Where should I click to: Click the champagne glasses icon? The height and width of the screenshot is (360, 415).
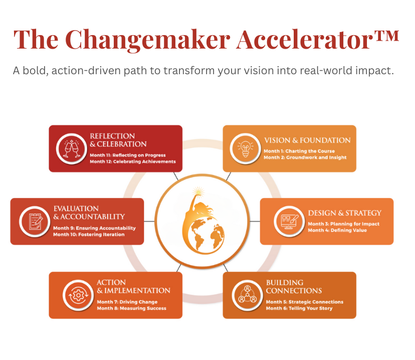(x=72, y=148)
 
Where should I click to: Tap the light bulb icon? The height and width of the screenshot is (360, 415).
(x=246, y=149)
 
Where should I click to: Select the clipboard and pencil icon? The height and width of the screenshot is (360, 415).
(x=35, y=221)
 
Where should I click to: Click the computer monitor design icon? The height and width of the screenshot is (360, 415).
(x=289, y=222)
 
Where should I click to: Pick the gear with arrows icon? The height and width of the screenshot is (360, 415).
(x=78, y=295)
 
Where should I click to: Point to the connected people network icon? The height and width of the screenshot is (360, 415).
(x=248, y=294)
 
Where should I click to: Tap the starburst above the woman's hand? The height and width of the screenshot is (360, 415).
(x=198, y=191)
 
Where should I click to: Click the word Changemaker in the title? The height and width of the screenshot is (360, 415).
(x=148, y=40)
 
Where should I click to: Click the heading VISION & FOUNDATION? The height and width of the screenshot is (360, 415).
(x=307, y=140)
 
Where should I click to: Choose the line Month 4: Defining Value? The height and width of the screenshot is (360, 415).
(x=337, y=230)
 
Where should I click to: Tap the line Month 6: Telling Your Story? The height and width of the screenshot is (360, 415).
(x=299, y=308)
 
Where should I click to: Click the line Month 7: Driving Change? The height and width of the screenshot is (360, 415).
(x=127, y=302)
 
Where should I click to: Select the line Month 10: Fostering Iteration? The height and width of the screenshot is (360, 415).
(x=89, y=235)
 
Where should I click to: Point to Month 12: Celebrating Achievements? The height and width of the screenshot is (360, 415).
(x=133, y=161)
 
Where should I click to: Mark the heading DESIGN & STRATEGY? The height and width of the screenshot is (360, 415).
(x=345, y=213)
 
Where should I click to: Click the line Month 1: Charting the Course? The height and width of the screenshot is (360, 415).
(x=299, y=151)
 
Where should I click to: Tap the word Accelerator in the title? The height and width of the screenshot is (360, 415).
(x=304, y=40)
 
